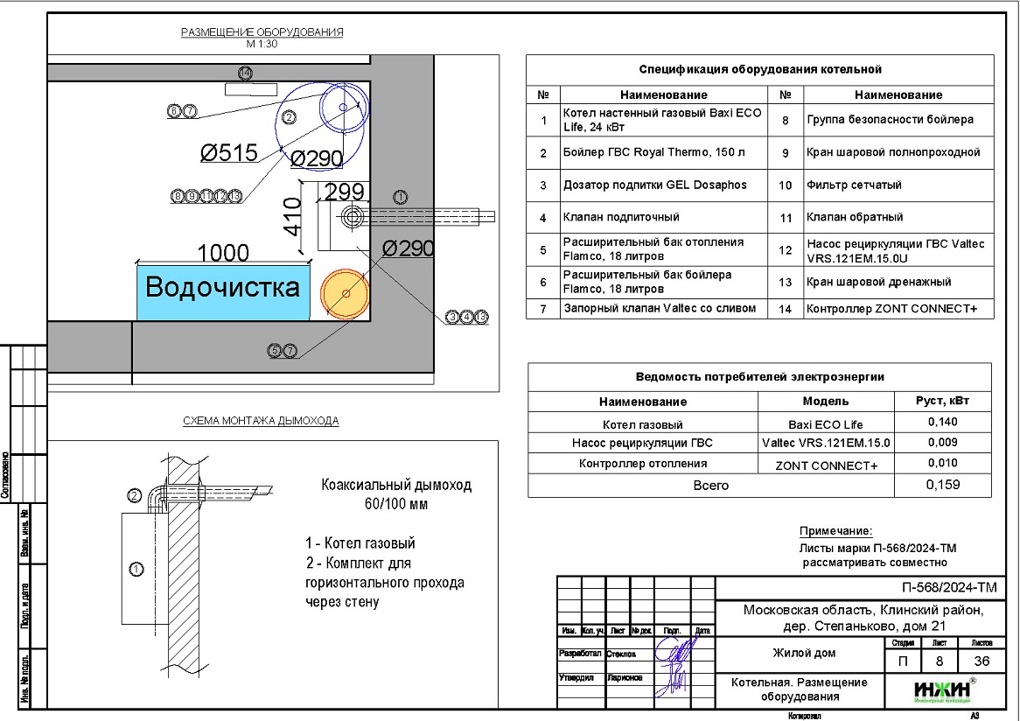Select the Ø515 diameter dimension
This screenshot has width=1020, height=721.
(x=228, y=153)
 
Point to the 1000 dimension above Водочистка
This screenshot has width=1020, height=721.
(x=223, y=253)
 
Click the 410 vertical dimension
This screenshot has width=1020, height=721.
(x=293, y=218)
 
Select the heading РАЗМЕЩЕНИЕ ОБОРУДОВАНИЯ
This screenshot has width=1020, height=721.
(x=262, y=32)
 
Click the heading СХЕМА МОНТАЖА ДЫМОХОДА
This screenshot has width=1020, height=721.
(x=261, y=421)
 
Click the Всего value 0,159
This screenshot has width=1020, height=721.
(x=941, y=486)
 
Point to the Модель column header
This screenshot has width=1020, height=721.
(x=825, y=402)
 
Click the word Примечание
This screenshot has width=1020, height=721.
(x=835, y=531)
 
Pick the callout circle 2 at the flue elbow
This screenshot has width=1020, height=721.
(x=135, y=496)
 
